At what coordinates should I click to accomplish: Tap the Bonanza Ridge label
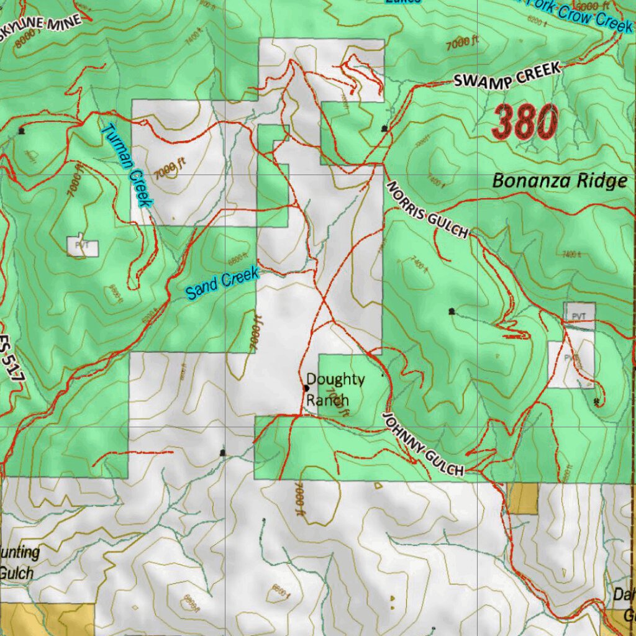point(559,181)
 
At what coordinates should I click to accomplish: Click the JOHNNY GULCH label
point(422,445)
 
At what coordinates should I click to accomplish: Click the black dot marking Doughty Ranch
point(306,388)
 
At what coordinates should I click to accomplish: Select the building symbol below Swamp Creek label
point(384,129)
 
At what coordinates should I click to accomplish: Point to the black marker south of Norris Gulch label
point(451,311)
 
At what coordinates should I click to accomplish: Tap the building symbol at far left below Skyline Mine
point(22,130)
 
